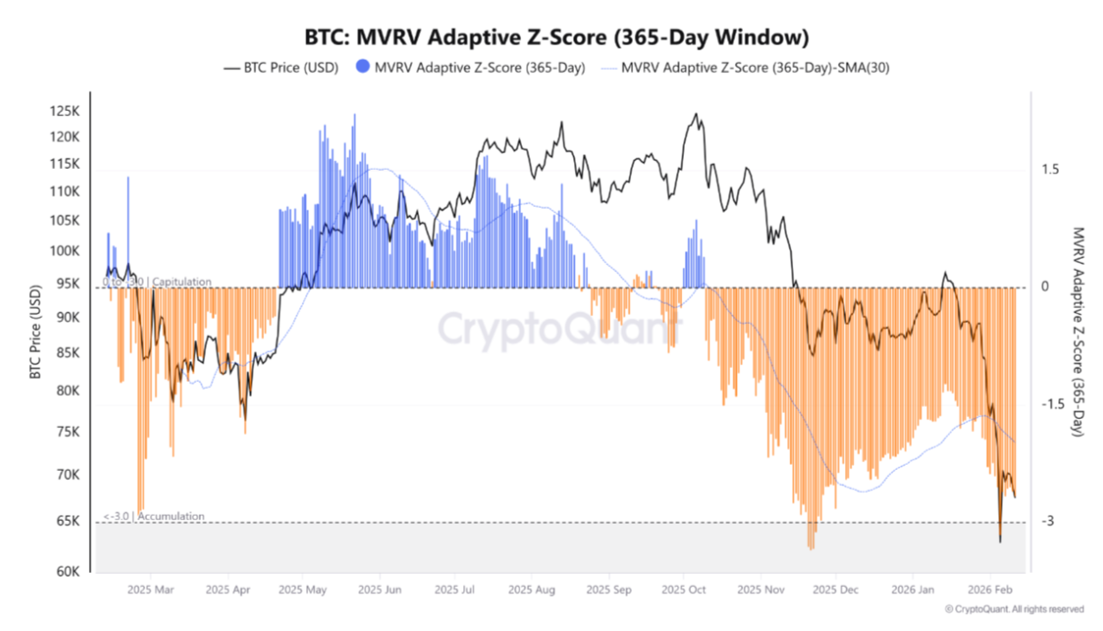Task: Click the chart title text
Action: (x=555, y=38)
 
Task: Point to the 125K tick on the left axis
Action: (x=64, y=112)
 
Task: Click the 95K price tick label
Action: (x=67, y=284)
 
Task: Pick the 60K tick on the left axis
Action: (x=67, y=572)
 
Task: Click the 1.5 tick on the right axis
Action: (x=1049, y=170)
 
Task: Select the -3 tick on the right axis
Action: (x=1048, y=522)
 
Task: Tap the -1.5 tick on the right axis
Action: (x=1052, y=404)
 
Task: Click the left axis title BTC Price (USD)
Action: (x=36, y=332)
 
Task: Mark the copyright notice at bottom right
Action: (x=1013, y=608)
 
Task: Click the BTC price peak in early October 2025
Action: (x=696, y=114)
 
